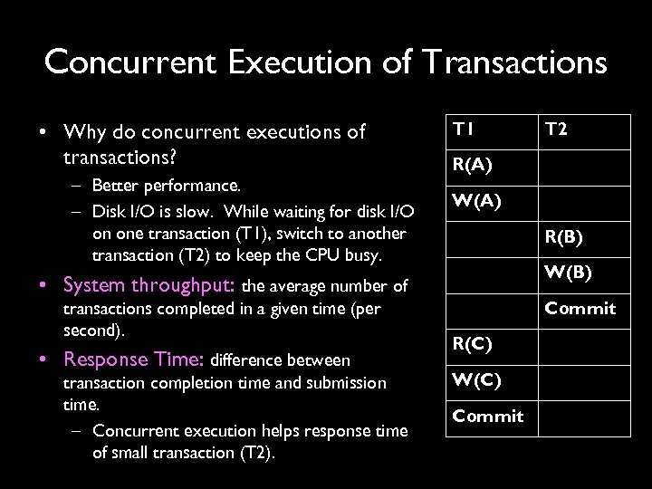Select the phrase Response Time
[x=135, y=359]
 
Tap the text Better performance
[x=167, y=187]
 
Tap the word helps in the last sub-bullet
[x=281, y=429]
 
